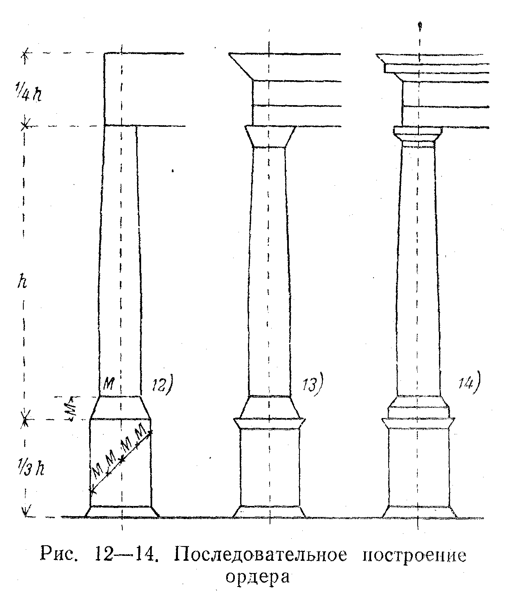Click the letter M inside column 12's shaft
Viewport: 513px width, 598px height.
108,384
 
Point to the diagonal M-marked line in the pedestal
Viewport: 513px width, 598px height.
121,460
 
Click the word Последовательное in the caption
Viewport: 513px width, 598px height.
262,555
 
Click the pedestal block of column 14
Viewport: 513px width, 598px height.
418,466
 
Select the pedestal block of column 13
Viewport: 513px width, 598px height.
269,466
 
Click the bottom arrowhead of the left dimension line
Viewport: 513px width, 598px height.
25,512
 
